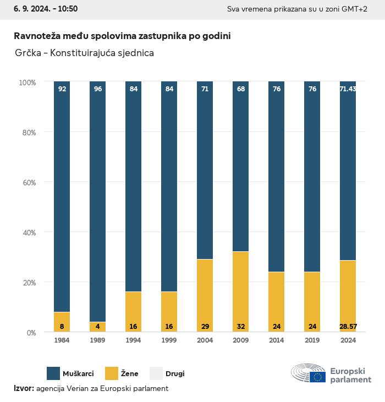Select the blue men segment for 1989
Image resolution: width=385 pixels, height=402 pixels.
[x=98, y=201]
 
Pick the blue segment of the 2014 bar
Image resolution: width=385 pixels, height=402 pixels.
[x=276, y=177]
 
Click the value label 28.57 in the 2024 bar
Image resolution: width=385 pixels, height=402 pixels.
[x=348, y=327]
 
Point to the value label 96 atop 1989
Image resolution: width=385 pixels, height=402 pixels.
[x=98, y=89]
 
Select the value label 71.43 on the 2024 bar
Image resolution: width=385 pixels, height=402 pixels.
[x=348, y=89]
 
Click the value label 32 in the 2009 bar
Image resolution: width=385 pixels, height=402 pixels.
[x=240, y=327]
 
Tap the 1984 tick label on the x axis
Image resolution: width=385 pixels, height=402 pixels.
[x=62, y=340]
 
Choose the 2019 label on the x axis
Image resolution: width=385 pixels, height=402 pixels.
[x=312, y=340]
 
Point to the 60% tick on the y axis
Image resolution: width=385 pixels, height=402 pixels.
[x=28, y=182]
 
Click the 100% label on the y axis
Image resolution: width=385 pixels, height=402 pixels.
[x=28, y=82]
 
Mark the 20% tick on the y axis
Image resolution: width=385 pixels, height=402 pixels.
[x=28, y=283]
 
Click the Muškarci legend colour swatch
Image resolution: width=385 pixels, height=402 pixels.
[x=54, y=373]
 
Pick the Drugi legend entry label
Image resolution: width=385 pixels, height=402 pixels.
[x=175, y=374]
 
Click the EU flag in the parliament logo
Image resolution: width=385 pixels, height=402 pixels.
[x=317, y=377]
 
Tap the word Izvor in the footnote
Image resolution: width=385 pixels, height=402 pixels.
[x=24, y=388]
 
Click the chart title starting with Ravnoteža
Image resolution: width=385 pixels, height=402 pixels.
[x=122, y=36]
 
